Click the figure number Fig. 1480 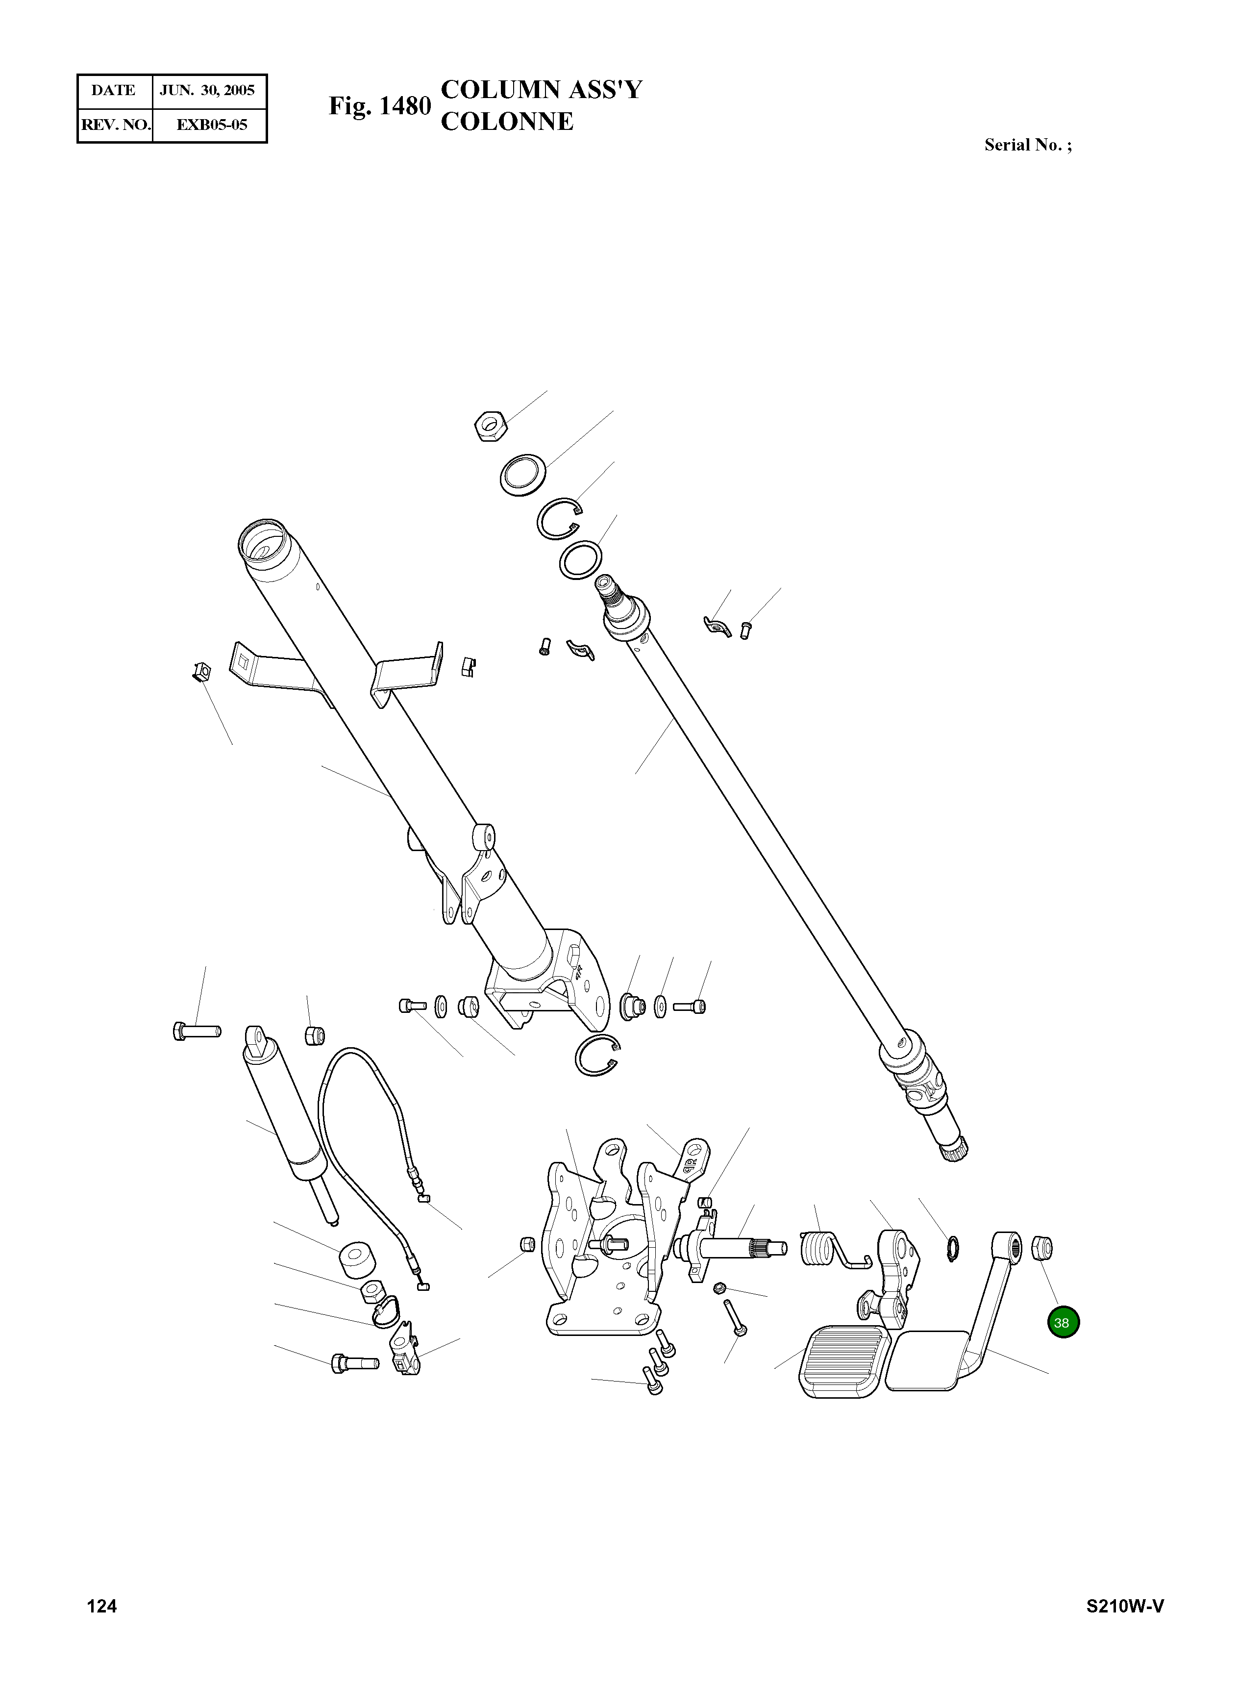click(380, 106)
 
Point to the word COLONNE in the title click(507, 122)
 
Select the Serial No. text click(1027, 146)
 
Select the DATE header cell click(114, 91)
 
